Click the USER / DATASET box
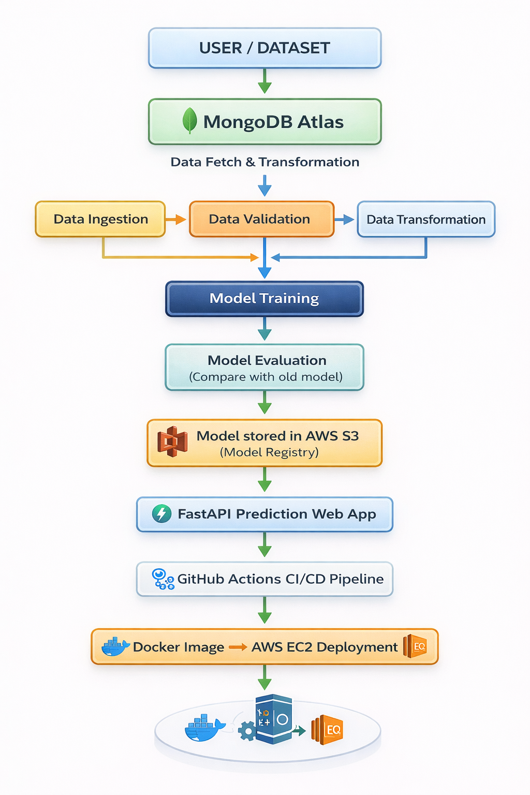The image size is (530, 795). coord(264,48)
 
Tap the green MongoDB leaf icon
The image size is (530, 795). coord(190,121)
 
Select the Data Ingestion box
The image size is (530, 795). coord(100,219)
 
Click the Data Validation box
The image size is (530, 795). coord(261,219)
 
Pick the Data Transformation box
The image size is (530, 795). coord(426,219)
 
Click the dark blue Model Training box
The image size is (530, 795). coord(264,299)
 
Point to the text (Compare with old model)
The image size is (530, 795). coord(266,377)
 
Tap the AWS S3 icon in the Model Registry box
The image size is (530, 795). coord(172,442)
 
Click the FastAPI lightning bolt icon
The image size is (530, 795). coord(161,514)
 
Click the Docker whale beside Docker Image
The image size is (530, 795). coord(115,646)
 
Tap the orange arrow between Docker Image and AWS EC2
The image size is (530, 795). coord(238,647)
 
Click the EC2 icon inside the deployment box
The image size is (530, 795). coord(415,646)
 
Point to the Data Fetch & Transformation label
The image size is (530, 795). coord(264,162)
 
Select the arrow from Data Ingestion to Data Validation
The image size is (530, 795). coord(176,219)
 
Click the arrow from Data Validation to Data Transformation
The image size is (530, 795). coord(345,220)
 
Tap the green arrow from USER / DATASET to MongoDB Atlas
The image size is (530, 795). coord(264,82)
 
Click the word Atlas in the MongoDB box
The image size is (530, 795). coord(320,122)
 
